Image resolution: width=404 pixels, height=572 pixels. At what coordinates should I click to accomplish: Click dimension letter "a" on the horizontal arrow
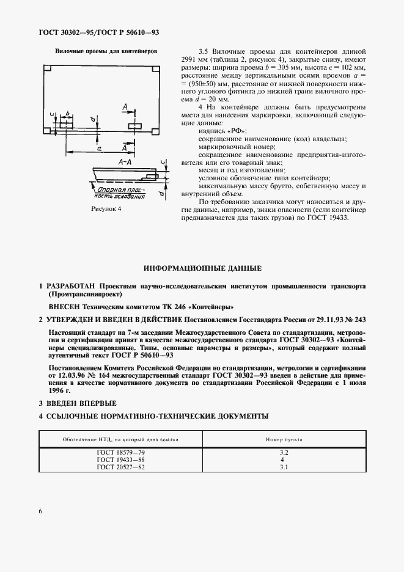(98, 147)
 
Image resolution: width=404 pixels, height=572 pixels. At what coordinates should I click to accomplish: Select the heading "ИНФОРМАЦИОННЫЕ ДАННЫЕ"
(202, 268)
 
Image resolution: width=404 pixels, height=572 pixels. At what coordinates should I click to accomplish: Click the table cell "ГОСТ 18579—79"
(117, 452)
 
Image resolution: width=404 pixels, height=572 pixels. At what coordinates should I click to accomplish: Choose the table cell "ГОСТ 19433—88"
(117, 459)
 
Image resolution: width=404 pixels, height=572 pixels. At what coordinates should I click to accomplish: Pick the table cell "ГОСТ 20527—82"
(117, 467)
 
